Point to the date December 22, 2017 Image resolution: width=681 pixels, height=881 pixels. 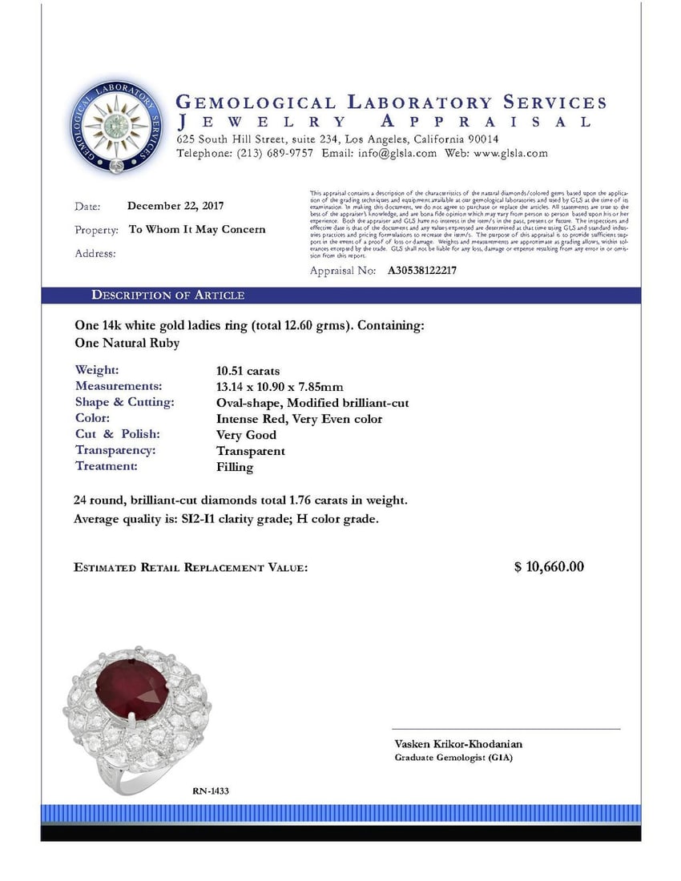tap(175, 206)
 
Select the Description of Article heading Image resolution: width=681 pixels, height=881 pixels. tap(167, 296)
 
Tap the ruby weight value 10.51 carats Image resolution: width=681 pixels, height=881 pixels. tap(248, 371)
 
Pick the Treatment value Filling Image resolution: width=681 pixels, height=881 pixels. tap(234, 467)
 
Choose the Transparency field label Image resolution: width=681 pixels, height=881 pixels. tap(115, 451)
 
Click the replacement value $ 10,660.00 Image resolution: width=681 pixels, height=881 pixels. tap(549, 567)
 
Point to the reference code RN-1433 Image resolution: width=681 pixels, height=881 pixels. tap(211, 791)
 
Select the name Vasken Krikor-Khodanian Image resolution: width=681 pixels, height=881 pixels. tap(458, 744)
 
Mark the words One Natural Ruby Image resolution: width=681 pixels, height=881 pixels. tap(127, 343)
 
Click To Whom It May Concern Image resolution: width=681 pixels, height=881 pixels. tap(197, 229)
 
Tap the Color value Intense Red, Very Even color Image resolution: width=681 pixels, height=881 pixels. tap(299, 419)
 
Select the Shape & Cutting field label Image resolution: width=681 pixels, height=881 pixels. tap(124, 403)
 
